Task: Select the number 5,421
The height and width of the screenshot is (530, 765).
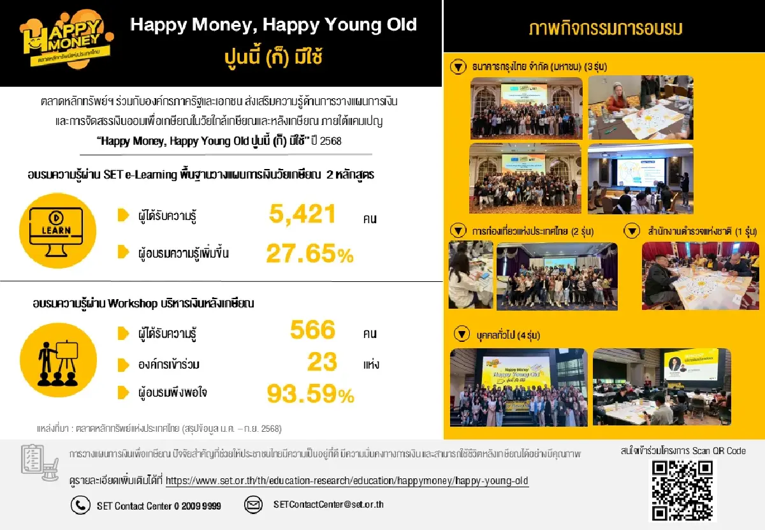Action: [302, 215]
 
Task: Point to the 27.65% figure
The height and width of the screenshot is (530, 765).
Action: [309, 254]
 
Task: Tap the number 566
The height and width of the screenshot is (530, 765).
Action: [312, 330]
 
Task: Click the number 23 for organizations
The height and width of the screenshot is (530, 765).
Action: [322, 362]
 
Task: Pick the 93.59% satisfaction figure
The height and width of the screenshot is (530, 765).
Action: [310, 394]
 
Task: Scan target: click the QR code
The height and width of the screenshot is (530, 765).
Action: [682, 490]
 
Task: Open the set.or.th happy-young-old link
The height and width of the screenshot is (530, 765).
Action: [347, 481]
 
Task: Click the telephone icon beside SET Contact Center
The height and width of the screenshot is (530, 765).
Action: [80, 505]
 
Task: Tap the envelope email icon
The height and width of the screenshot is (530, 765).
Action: [254, 505]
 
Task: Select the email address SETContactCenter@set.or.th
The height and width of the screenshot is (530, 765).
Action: [328, 504]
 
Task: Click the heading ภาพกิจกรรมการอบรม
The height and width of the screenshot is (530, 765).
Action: [605, 29]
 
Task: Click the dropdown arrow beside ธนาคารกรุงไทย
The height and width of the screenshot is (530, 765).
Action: [457, 66]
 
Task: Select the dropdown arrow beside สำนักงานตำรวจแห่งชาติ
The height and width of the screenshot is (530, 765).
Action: [632, 231]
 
